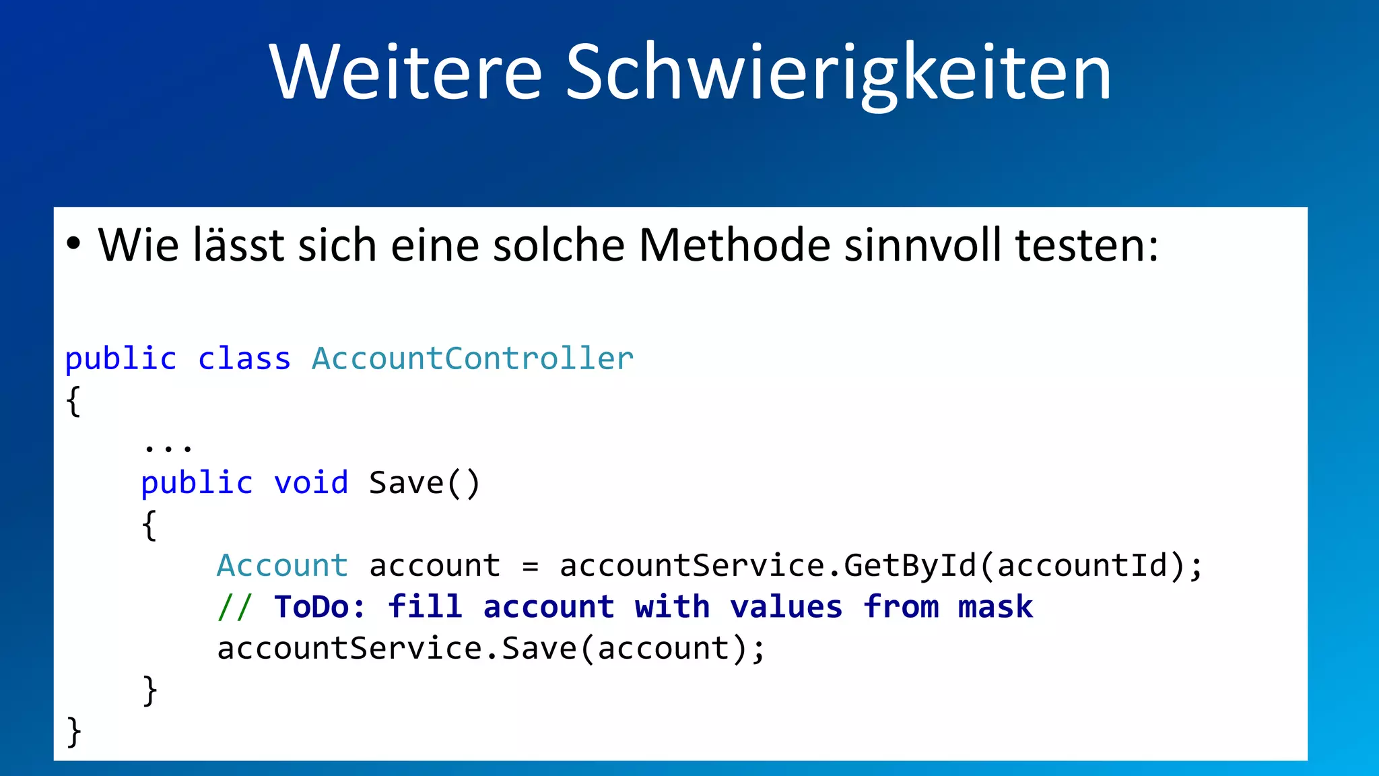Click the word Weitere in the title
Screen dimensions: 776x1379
(405, 72)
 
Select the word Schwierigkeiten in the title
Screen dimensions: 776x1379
(838, 72)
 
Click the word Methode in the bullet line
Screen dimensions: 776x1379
(735, 245)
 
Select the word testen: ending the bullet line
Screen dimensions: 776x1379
(1087, 245)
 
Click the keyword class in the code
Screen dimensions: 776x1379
(244, 358)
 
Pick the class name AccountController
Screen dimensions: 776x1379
(473, 358)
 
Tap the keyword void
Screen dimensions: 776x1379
(311, 483)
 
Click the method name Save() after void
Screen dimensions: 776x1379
(424, 483)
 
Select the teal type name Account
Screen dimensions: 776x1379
(282, 565)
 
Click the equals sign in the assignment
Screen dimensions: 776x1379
(531, 567)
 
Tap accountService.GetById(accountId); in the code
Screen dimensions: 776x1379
(881, 565)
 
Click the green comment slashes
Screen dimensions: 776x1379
(234, 607)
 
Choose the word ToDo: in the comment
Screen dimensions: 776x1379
(320, 607)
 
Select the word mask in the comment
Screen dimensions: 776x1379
(995, 607)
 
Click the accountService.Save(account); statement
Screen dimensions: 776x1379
(491, 649)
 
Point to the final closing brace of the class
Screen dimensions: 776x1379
(74, 732)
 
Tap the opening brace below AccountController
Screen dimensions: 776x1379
(74, 401)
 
